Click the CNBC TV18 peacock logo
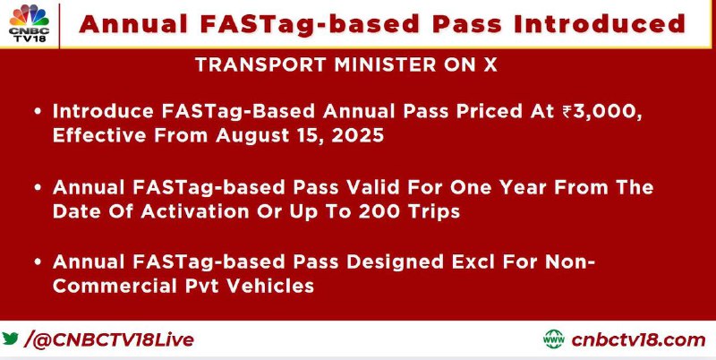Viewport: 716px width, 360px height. click(30, 24)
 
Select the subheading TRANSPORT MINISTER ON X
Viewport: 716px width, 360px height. click(345, 65)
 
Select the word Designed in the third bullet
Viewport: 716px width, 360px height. click(395, 262)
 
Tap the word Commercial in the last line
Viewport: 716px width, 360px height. click(115, 286)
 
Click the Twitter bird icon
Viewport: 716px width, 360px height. click(10, 339)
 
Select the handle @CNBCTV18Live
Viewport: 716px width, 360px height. click(114, 340)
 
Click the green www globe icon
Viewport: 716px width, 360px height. click(554, 339)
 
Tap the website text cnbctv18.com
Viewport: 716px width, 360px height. click(638, 340)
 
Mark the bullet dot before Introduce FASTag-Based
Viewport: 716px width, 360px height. click(38, 112)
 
